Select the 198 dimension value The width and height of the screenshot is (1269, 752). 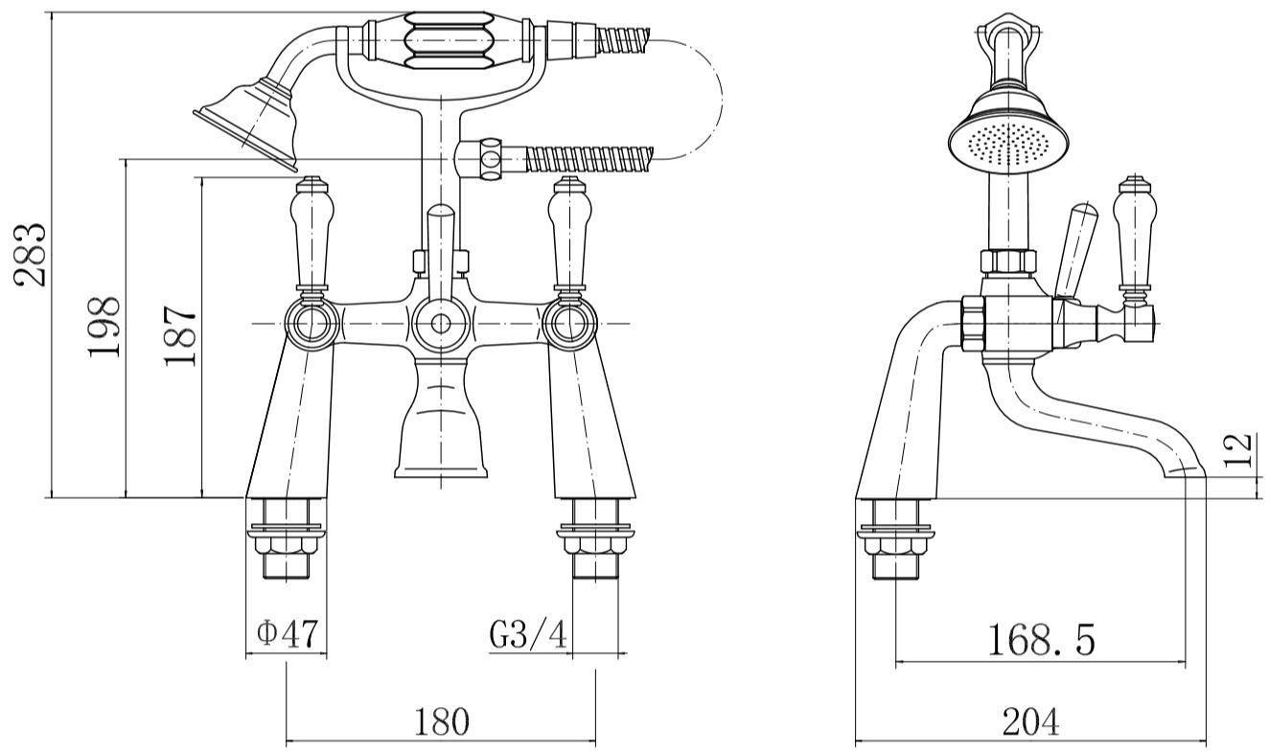104,327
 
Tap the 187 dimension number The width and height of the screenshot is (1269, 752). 180,336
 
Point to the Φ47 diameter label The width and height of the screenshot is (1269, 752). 288,634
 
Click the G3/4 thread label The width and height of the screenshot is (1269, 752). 528,634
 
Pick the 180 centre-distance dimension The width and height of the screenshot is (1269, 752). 442,720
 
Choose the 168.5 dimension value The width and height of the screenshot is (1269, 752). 1041,640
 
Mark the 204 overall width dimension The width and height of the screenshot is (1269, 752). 1030,721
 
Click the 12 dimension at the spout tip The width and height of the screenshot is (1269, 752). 1238,449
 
